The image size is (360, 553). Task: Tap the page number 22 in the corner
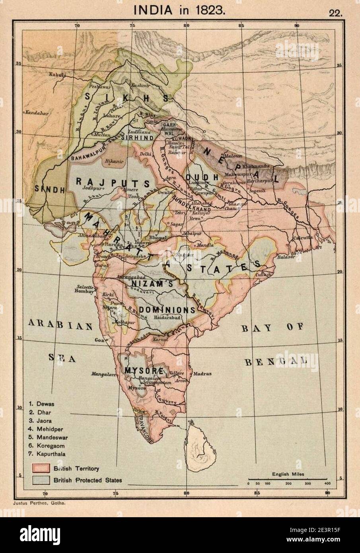tap(335, 12)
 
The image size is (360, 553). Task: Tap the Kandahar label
tap(37, 113)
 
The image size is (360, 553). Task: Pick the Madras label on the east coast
tap(203, 374)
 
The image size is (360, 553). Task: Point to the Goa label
tap(98, 340)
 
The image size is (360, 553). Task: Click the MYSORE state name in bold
tap(139, 370)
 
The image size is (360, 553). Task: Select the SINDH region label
tap(50, 189)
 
